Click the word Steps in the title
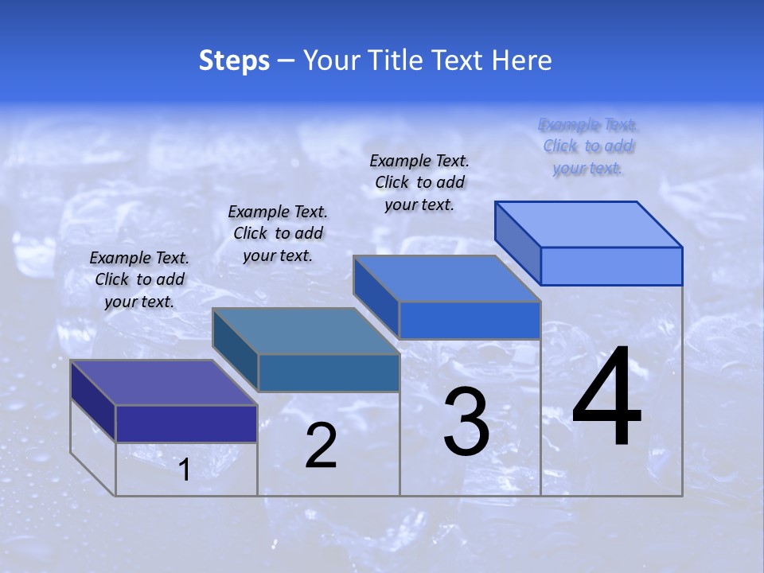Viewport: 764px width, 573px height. [234, 60]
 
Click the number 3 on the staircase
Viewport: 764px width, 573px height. [466, 422]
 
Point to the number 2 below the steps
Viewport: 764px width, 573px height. [321, 446]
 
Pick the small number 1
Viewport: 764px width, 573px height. [185, 470]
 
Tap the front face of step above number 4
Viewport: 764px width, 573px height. [611, 266]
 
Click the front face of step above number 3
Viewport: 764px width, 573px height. [470, 320]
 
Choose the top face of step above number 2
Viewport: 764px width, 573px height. [306, 331]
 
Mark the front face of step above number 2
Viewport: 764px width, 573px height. [328, 372]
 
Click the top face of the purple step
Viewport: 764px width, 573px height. [164, 383]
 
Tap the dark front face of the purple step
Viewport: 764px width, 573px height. [186, 423]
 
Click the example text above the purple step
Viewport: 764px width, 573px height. [139, 280]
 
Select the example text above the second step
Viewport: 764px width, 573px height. [278, 234]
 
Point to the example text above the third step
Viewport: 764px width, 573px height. [419, 183]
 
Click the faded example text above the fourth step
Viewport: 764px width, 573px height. [588, 146]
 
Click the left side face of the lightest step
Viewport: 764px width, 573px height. [518, 242]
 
